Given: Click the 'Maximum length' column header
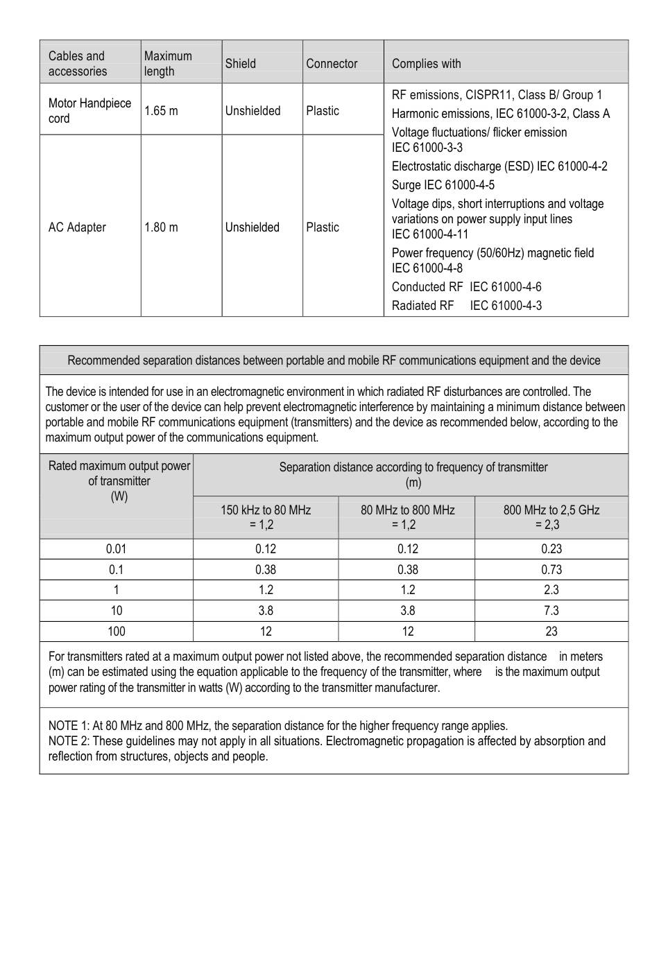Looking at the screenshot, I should (x=168, y=64).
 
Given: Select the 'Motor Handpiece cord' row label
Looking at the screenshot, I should (x=89, y=111).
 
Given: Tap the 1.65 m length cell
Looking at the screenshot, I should (x=161, y=111).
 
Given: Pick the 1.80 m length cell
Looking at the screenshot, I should (x=161, y=227).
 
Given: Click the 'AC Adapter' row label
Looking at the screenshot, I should (x=77, y=227).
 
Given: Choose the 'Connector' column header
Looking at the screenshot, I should (x=332, y=64).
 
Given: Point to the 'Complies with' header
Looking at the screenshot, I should (x=426, y=64).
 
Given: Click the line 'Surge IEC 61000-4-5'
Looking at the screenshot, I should (x=443, y=185).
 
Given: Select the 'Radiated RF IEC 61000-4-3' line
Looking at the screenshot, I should (x=467, y=306).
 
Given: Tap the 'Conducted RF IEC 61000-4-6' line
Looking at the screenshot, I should (x=467, y=287).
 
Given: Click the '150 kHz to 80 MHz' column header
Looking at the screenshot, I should (x=266, y=510).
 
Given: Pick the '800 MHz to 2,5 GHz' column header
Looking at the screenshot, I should (x=551, y=510).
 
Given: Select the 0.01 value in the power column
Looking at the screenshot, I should (x=116, y=549).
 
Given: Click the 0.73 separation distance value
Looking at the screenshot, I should (x=551, y=570).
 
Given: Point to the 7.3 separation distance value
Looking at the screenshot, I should (x=551, y=611).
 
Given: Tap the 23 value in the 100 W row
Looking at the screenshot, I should (x=551, y=632).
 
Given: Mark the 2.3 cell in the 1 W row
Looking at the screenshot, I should (x=551, y=590).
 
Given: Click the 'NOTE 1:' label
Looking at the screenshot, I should (x=69, y=726).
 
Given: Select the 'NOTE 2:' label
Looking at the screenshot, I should (x=69, y=741).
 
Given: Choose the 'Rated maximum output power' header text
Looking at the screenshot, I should (x=119, y=466).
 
